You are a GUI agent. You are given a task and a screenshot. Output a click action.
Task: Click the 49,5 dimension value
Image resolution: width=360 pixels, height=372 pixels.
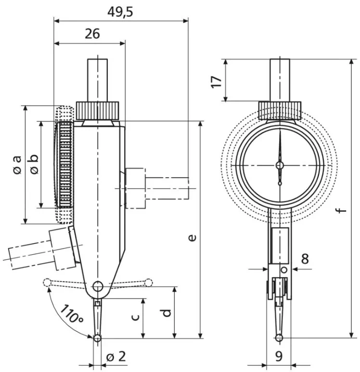click(119, 11)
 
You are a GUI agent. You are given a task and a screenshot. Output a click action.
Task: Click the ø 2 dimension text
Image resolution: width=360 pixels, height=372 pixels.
click(116, 357)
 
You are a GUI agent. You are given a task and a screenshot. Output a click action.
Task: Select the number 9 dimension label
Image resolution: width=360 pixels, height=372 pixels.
click(279, 357)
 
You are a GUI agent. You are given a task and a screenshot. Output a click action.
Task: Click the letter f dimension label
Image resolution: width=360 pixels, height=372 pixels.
click(341, 209)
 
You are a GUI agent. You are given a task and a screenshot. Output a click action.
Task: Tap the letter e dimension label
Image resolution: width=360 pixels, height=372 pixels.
click(192, 237)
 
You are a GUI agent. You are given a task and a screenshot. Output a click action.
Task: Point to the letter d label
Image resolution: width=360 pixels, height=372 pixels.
click(166, 313)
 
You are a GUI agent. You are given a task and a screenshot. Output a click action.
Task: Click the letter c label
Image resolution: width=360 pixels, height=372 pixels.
click(136, 317)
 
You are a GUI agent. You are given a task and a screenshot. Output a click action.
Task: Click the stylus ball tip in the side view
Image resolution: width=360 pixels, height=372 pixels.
click(98, 338)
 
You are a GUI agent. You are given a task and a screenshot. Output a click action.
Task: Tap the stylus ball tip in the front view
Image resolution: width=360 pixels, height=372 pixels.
click(279, 338)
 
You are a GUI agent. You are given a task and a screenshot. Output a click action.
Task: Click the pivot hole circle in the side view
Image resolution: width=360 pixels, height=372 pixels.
click(98, 286)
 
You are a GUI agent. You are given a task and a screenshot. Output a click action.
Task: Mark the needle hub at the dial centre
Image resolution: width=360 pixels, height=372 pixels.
click(280, 166)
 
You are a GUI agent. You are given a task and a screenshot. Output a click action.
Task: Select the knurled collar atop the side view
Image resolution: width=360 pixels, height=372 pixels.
click(98, 110)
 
